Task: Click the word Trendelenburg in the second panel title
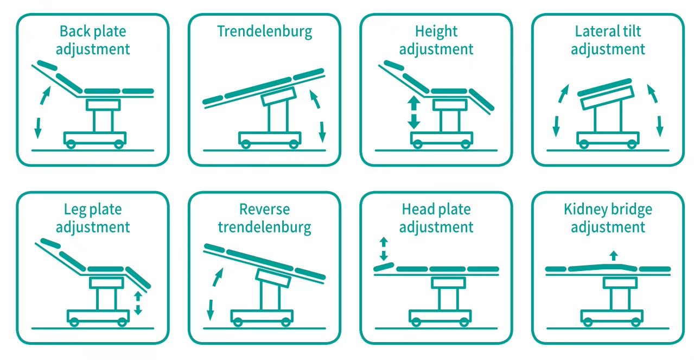coord(264,31)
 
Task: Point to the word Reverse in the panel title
coord(264,210)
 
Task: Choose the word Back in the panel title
coord(74,31)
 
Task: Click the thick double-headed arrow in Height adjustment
coord(413,112)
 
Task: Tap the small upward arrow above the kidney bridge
coord(613,255)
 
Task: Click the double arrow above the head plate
coord(384,249)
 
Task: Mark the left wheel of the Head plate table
coord(416,321)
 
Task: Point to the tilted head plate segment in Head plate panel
coord(384,267)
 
